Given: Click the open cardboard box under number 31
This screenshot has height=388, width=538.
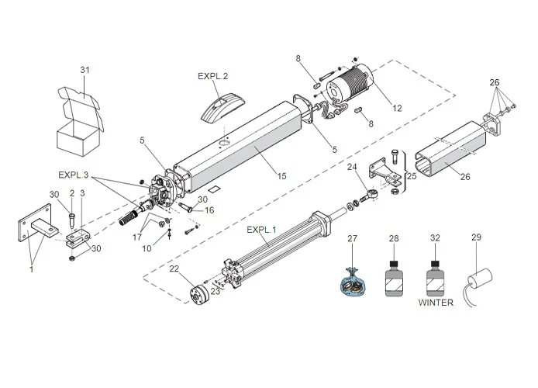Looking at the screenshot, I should click(78, 124).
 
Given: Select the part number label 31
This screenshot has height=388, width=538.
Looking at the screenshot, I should click(85, 71).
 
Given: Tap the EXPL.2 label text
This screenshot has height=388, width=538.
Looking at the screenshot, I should click(212, 77).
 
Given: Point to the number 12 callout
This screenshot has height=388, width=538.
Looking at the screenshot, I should click(397, 108).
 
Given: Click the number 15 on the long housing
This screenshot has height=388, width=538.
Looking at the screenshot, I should click(281, 177).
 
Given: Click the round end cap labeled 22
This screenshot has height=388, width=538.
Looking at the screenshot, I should click(198, 296).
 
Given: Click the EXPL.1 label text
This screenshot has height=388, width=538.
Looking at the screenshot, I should click(261, 230).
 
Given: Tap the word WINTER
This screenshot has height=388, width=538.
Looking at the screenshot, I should click(435, 303).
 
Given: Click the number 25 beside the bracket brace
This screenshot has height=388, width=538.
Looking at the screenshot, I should click(412, 176).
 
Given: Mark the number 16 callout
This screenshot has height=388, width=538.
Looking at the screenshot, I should click(209, 210).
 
